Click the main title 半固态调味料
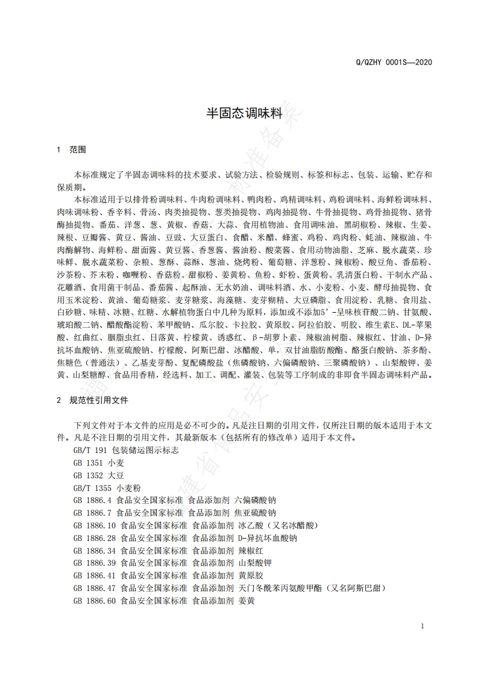[239, 112]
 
